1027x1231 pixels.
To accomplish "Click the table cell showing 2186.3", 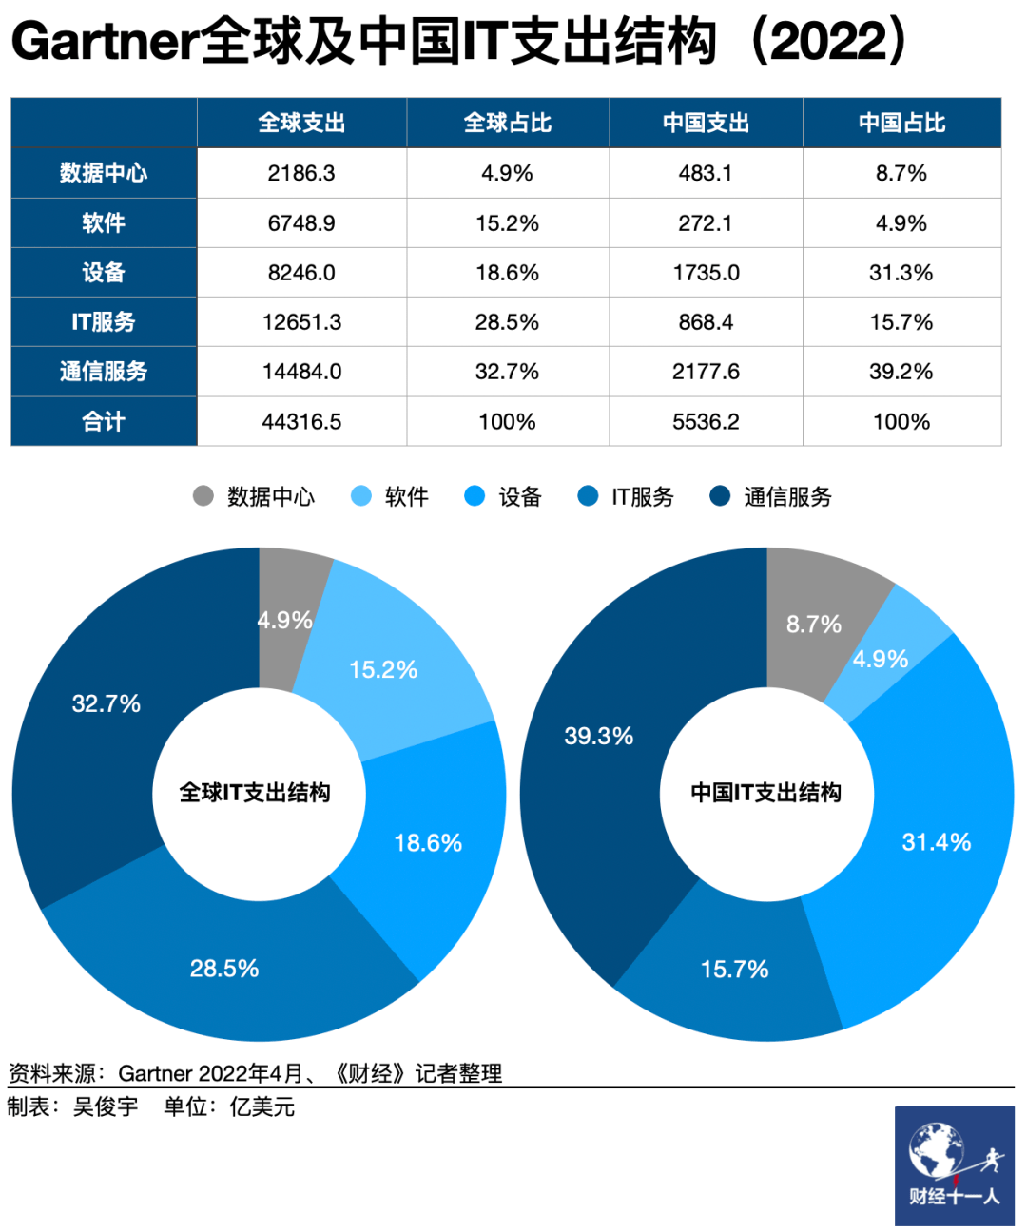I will click(x=301, y=173).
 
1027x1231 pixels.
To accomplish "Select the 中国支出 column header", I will click(x=706, y=123).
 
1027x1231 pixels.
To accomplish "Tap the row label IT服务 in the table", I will click(x=104, y=322).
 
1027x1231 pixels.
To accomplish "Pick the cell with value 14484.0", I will click(x=301, y=372).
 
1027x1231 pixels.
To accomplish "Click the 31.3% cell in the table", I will click(x=901, y=273).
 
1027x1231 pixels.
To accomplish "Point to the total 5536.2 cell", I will click(x=706, y=421).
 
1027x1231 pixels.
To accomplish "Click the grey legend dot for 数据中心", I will click(x=203, y=496).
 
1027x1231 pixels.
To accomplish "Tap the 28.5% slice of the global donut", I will click(x=224, y=968).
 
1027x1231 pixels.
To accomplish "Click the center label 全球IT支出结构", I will click(x=255, y=793).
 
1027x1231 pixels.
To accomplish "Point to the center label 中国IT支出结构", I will click(x=765, y=793).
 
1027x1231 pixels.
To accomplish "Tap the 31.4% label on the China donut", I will click(x=937, y=841).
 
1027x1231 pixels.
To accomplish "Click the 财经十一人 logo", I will click(x=954, y=1165).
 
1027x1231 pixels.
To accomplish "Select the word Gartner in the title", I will click(x=105, y=43).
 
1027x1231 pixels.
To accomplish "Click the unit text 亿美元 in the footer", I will click(x=262, y=1106).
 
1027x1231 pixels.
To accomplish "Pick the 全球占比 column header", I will click(x=507, y=123).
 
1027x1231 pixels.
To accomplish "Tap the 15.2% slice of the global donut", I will click(x=383, y=669).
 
